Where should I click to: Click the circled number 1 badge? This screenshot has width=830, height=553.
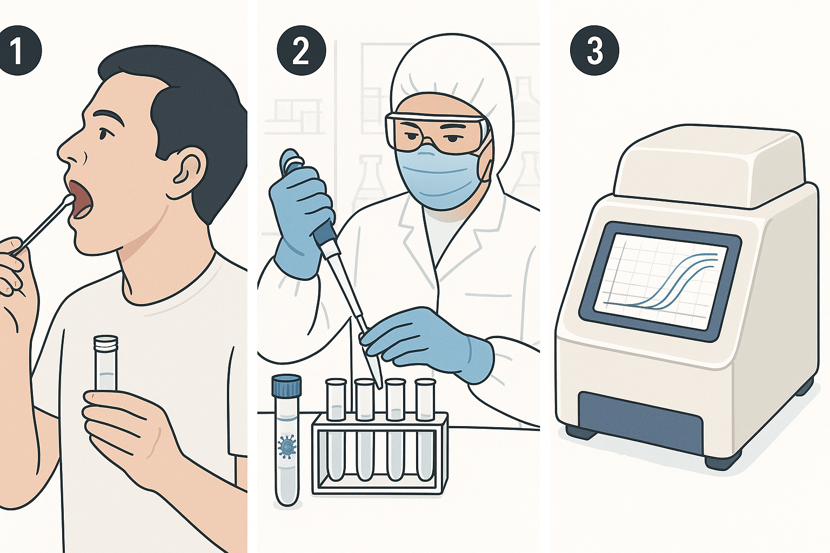18,50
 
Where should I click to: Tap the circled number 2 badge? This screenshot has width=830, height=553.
301,50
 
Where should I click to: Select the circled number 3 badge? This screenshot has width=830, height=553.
594,50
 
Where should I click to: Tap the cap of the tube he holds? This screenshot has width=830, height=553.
106,343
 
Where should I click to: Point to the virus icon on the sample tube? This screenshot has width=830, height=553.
286,447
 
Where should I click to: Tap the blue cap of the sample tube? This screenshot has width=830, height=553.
286,385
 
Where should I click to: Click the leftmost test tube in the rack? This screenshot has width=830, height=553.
336,430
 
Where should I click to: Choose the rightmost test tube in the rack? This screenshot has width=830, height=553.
425,430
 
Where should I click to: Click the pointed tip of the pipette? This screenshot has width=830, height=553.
380,387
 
